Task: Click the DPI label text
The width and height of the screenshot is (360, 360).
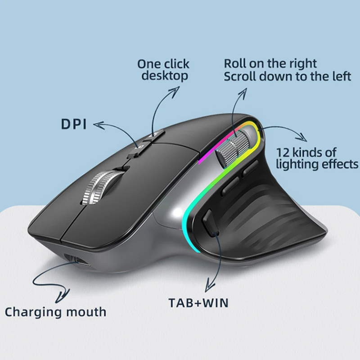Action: click(73, 125)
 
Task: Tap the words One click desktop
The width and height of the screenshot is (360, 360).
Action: click(164, 70)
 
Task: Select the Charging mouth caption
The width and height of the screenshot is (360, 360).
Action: click(56, 311)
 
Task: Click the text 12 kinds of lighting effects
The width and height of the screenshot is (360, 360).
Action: click(318, 158)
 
